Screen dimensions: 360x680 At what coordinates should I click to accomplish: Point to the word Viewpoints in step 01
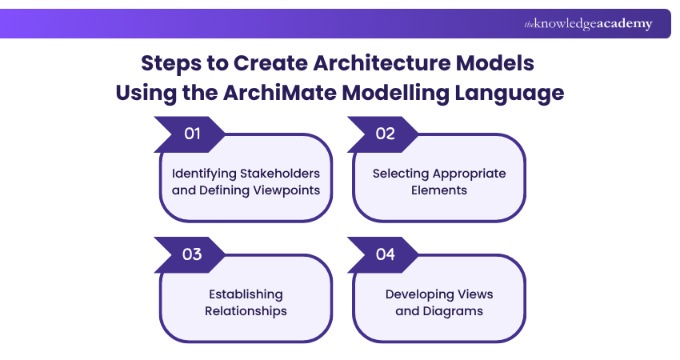[287, 190]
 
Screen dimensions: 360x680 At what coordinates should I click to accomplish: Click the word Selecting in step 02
[401, 174]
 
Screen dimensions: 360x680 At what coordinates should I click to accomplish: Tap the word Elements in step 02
[439, 190]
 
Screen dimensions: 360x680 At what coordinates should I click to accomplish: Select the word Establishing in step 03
[246, 294]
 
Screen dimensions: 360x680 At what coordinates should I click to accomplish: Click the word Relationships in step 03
[246, 311]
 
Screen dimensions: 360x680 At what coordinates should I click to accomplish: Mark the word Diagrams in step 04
[452, 311]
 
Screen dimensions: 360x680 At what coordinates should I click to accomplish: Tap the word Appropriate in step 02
[470, 174]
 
